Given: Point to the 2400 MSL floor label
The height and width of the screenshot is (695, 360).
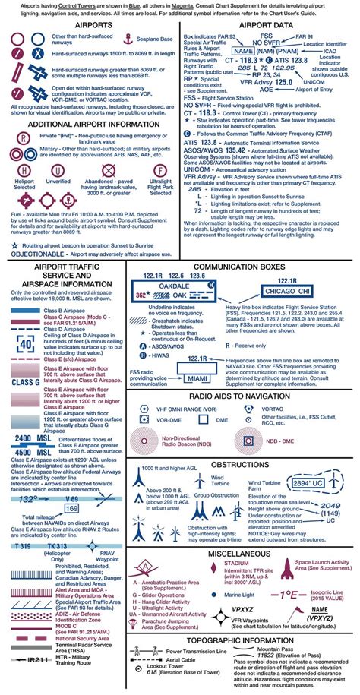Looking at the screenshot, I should [x=32, y=439].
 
